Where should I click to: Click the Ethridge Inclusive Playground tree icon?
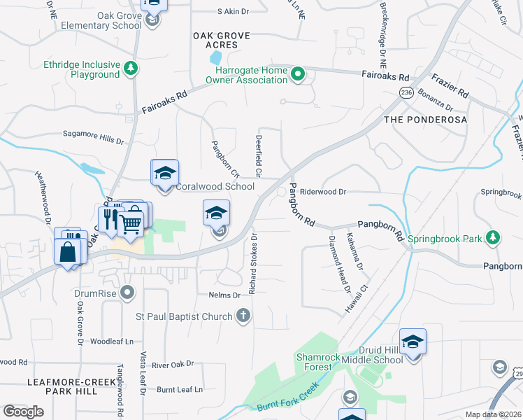click(x=130, y=68)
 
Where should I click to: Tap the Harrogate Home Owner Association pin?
click(x=298, y=73)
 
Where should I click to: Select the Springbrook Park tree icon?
click(x=493, y=238)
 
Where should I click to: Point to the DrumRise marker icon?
click(x=127, y=291)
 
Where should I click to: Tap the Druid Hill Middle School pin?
click(x=413, y=342)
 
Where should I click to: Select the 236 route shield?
click(x=406, y=92)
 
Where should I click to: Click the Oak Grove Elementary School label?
click(x=101, y=21)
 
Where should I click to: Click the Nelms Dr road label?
click(x=224, y=295)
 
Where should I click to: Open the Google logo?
click(x=24, y=411)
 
